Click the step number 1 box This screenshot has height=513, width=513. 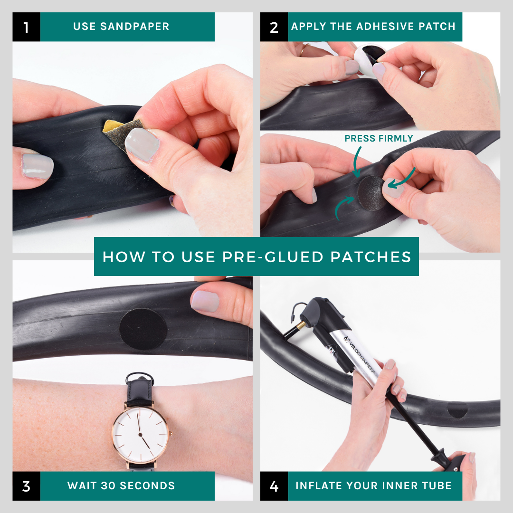(26, 27)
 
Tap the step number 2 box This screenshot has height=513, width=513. (274, 27)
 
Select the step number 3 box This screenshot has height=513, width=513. (26, 486)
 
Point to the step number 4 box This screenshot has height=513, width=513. (274, 486)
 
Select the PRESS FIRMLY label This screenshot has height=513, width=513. (379, 139)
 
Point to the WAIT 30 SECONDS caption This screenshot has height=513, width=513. (121, 486)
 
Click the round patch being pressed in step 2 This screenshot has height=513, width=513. (371, 192)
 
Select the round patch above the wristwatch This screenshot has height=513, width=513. (142, 329)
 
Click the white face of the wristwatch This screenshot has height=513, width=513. (141, 432)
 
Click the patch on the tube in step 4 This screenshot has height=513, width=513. (457, 409)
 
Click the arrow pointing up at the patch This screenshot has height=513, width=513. (343, 209)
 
